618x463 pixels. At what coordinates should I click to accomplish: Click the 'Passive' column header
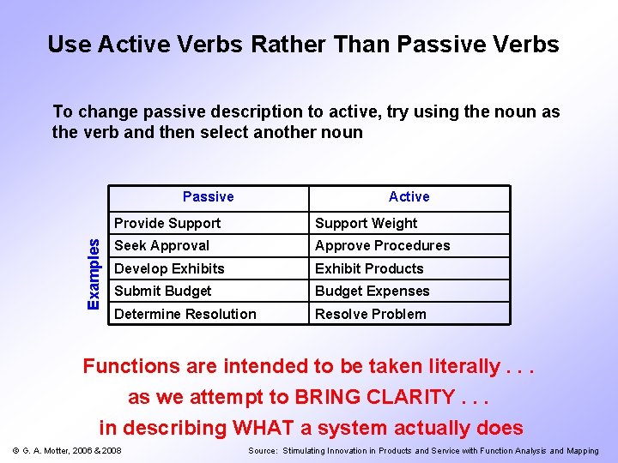click(208, 197)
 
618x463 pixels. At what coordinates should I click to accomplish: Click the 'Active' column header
click(409, 197)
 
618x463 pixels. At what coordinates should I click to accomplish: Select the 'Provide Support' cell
click(167, 224)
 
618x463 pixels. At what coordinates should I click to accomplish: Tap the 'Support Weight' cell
click(366, 224)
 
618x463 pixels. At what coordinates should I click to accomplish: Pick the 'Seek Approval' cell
click(162, 246)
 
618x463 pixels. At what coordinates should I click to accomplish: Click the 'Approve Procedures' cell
click(382, 246)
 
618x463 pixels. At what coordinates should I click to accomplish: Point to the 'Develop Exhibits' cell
click(169, 269)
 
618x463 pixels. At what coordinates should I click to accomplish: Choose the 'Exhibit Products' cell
click(369, 269)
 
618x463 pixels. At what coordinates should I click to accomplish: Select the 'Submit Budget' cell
click(163, 292)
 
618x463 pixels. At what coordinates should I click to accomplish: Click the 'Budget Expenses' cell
click(372, 292)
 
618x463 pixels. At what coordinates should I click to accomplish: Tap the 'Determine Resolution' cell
click(185, 315)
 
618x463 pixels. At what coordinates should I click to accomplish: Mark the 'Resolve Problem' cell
click(370, 315)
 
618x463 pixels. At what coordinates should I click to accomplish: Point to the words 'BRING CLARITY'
click(375, 398)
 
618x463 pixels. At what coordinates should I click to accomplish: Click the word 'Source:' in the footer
click(262, 451)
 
